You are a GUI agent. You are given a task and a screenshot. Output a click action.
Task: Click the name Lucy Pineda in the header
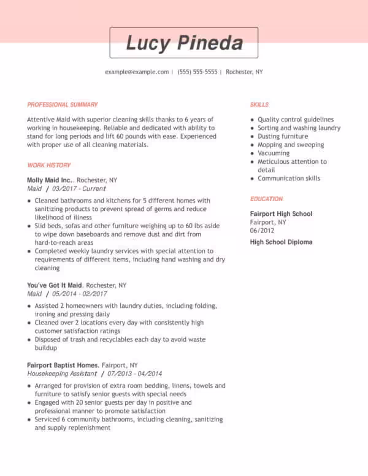[184, 43]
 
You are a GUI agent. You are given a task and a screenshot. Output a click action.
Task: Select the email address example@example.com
[137, 72]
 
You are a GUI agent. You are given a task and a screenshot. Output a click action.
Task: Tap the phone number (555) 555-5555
[197, 72]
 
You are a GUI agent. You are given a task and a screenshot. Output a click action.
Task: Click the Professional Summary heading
[63, 105]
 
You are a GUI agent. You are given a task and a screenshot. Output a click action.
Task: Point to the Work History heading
[49, 165]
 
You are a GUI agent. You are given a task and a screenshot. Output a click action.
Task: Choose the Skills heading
[259, 105]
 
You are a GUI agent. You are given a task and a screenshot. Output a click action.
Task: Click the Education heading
[266, 199]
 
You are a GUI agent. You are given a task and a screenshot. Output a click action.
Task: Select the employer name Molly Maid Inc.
[50, 180]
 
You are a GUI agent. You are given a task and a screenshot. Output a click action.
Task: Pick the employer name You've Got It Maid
[55, 285]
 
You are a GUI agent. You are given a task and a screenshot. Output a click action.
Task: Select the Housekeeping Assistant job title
[62, 374]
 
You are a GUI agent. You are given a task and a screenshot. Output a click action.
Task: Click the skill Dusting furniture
[283, 136]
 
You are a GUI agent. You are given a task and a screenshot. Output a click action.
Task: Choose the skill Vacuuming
[274, 153]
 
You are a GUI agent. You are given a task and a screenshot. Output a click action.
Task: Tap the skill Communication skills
[289, 178]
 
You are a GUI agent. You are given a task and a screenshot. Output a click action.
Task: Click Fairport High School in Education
[281, 213]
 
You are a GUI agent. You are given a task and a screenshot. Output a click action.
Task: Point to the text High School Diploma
[281, 242]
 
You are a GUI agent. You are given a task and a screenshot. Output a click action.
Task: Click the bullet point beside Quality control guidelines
[252, 120]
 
